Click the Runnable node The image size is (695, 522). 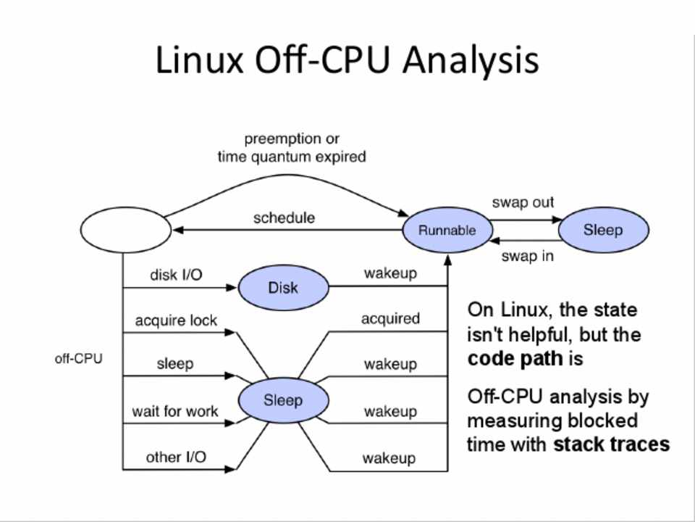(x=447, y=231)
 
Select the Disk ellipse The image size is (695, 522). (x=283, y=287)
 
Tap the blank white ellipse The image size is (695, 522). (x=125, y=231)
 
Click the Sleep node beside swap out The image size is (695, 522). (x=603, y=230)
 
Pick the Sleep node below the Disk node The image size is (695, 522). (x=282, y=400)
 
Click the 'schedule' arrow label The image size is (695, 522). (x=284, y=217)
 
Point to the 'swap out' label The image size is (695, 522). (x=523, y=203)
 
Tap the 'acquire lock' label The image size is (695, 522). (x=176, y=320)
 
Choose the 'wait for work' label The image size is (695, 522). (x=174, y=411)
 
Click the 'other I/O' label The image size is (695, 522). (x=176, y=457)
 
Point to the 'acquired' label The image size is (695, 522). (x=390, y=318)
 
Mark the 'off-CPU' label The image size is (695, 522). (x=79, y=358)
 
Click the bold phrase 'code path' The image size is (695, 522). (x=515, y=359)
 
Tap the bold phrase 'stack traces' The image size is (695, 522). (x=611, y=444)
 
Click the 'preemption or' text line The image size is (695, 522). (x=292, y=138)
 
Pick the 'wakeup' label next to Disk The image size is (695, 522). (x=390, y=273)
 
